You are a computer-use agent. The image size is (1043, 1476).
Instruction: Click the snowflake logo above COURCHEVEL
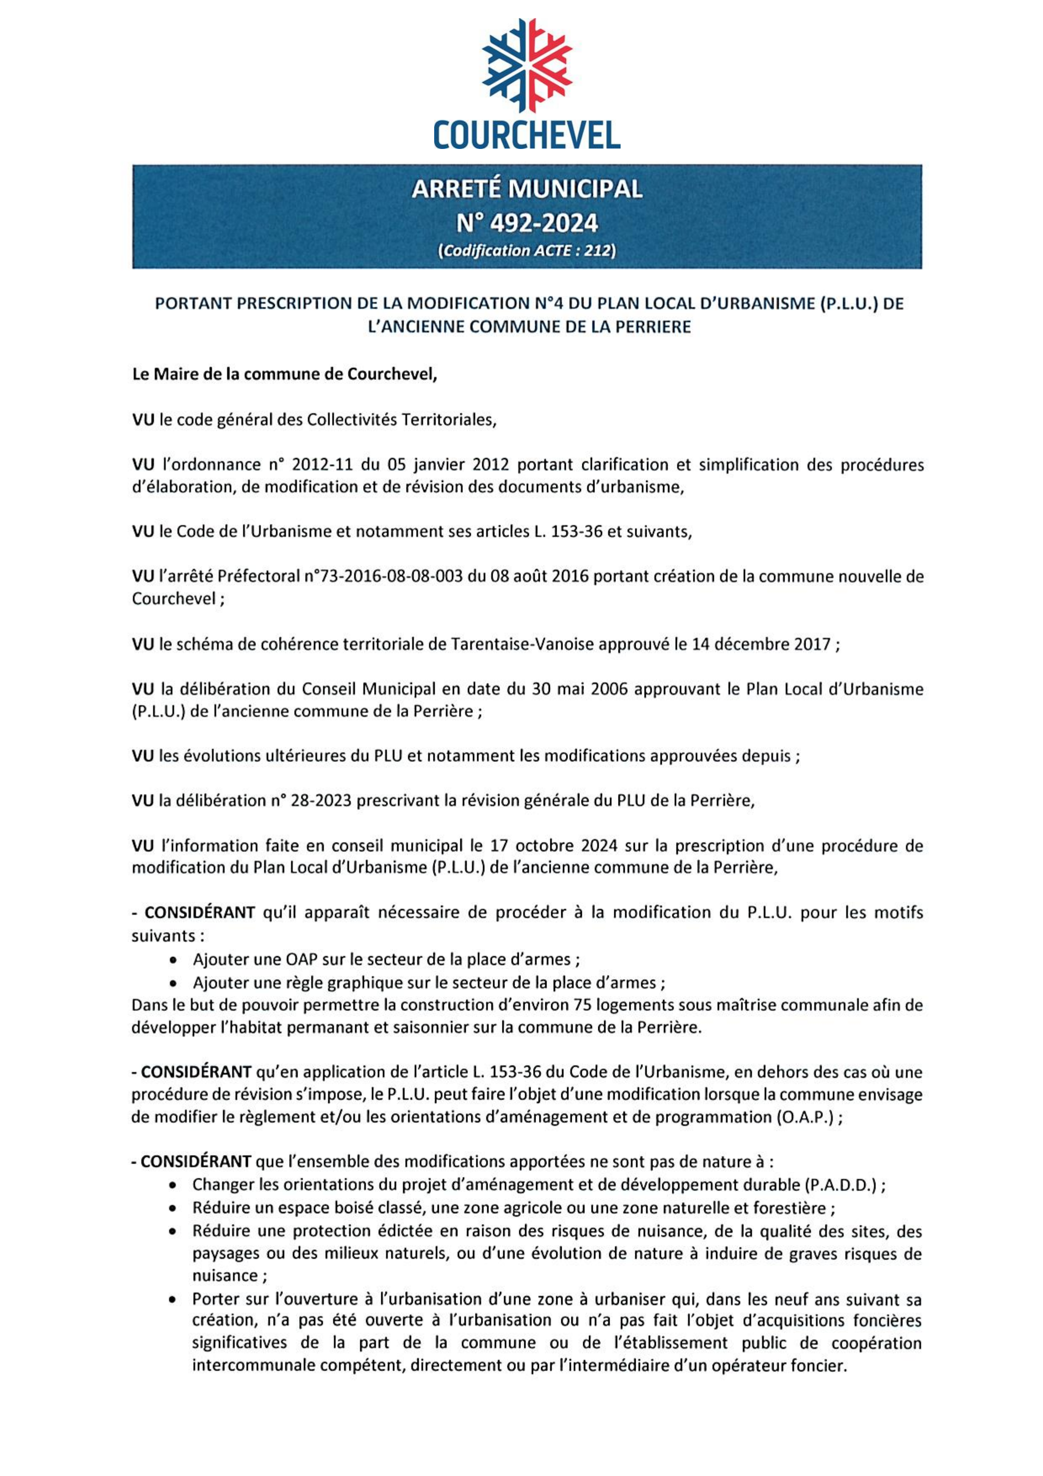coord(526,66)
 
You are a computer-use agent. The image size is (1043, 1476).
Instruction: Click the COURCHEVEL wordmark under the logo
coord(526,135)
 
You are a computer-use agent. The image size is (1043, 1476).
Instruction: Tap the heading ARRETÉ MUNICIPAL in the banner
coord(526,189)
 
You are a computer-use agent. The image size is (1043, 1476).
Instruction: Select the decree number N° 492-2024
coord(526,223)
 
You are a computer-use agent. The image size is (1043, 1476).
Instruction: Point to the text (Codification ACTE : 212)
coord(526,251)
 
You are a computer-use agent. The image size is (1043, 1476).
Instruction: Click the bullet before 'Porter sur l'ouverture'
coord(172,1300)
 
